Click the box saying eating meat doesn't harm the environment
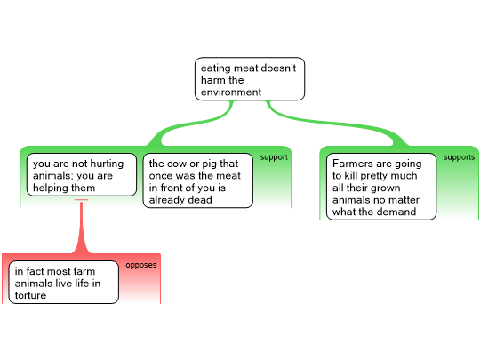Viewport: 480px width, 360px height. [x=250, y=79]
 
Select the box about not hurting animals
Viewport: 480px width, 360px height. [x=82, y=174]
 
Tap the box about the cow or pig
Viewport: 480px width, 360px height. [x=198, y=180]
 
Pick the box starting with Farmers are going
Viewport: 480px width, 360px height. [x=381, y=187]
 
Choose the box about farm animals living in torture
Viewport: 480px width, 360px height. [x=64, y=283]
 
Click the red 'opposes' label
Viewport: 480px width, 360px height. [x=141, y=265]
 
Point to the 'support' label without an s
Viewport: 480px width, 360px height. [x=274, y=157]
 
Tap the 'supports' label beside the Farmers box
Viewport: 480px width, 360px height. [x=460, y=157]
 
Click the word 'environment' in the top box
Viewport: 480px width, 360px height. [x=231, y=92]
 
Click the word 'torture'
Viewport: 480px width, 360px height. [x=30, y=295]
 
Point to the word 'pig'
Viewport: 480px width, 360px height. [x=210, y=164]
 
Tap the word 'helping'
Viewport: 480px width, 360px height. [x=52, y=188]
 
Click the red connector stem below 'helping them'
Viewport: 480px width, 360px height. [x=82, y=227]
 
